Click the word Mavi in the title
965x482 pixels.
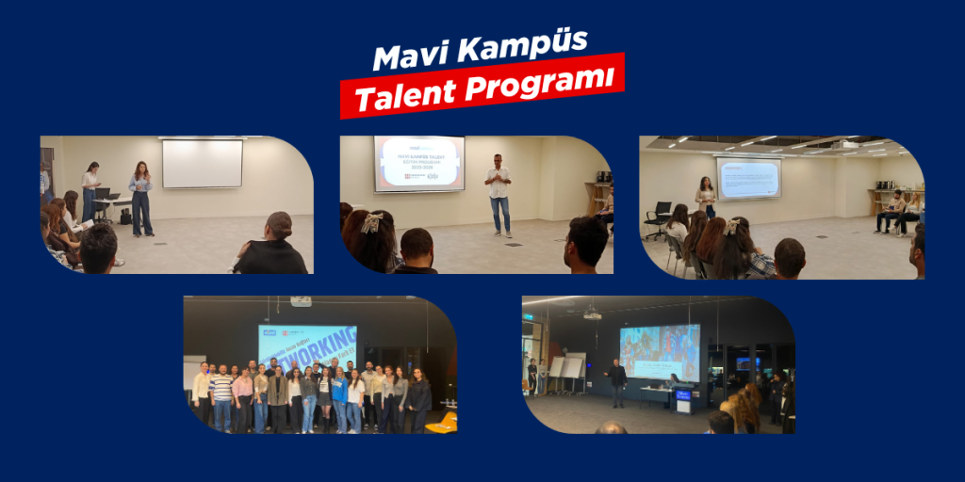pos(412,56)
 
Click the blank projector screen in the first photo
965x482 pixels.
pos(202,163)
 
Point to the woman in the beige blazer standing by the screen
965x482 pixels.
pos(705,196)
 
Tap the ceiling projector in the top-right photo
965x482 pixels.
pos(846,144)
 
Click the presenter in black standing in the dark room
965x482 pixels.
pos(617,382)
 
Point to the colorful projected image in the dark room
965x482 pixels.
pos(660,351)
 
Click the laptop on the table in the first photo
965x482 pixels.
pos(103,196)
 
